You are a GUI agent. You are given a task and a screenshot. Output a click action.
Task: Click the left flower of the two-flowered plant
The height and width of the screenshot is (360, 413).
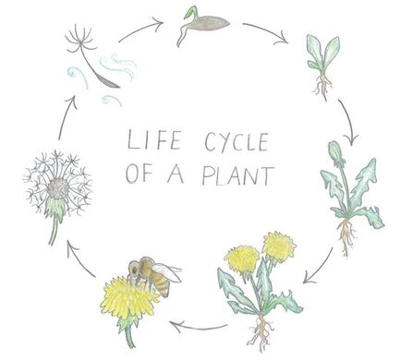pos(242,258)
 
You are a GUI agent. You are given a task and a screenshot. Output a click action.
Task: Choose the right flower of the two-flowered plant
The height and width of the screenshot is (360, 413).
pos(277,246)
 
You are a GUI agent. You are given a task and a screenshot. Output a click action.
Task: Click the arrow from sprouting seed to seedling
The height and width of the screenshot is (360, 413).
pos(265,32)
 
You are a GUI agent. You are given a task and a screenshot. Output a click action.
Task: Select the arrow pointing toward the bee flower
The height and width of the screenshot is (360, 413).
pos(200,324)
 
